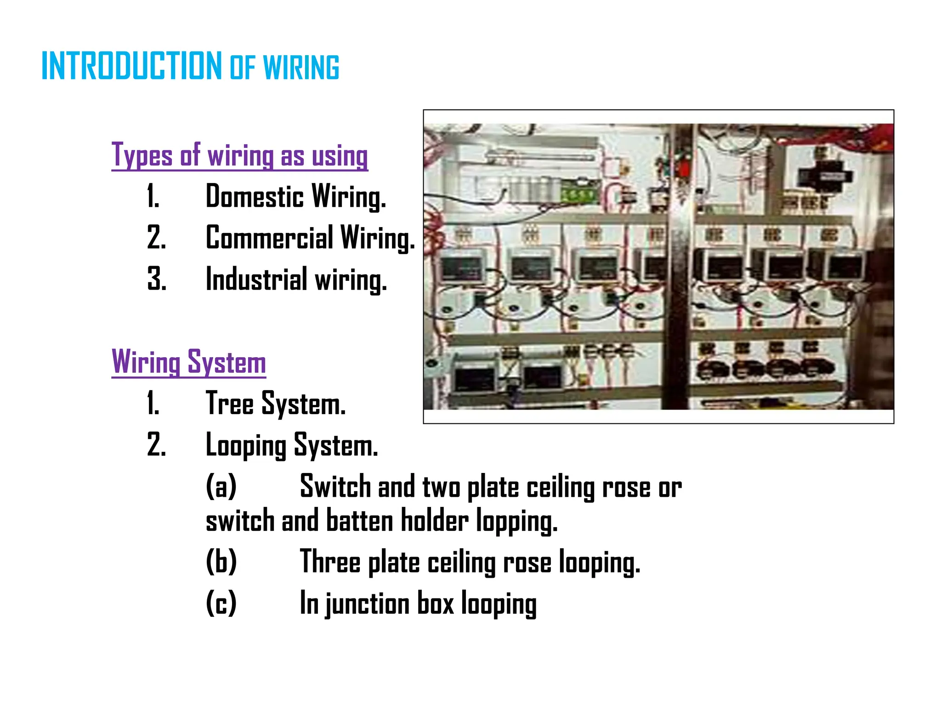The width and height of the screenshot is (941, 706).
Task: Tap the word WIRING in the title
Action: click(x=301, y=68)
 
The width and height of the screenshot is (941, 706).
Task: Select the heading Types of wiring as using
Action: click(x=239, y=155)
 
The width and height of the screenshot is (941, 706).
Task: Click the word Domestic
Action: click(x=255, y=196)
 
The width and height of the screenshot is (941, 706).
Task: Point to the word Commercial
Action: click(x=269, y=238)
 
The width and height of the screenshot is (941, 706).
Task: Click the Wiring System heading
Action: click(x=188, y=362)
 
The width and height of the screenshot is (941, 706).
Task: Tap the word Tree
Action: click(x=229, y=404)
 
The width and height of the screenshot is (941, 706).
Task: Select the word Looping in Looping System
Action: click(x=246, y=445)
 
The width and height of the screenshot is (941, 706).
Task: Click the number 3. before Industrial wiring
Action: click(x=156, y=279)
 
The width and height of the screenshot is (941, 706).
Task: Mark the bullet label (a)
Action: click(x=221, y=486)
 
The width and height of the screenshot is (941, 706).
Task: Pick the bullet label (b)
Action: click(x=221, y=561)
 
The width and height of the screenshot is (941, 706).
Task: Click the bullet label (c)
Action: click(x=221, y=603)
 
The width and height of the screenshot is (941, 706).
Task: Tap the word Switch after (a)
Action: click(x=335, y=486)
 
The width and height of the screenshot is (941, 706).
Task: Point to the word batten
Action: click(x=359, y=521)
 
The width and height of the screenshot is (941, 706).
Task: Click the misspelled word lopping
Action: click(x=516, y=522)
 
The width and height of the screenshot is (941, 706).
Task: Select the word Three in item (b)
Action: click(x=330, y=561)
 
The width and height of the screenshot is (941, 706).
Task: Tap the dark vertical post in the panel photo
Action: click(x=678, y=276)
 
